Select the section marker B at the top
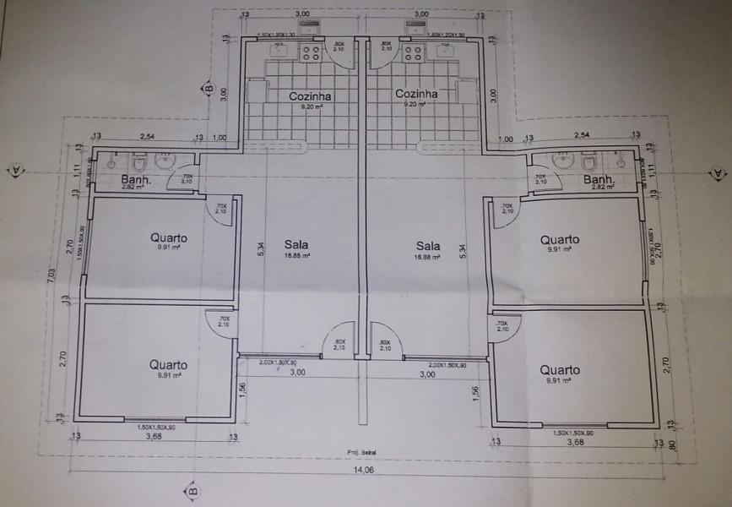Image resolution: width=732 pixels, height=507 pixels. tap(205, 87)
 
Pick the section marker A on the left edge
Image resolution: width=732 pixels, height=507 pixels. tap(15, 170)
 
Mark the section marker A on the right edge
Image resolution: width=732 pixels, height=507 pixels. tap(718, 172)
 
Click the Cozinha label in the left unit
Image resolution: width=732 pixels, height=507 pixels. tap(310, 96)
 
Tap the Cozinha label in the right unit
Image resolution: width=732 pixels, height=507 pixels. tap(416, 94)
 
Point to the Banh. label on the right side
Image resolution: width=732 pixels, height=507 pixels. tap(599, 180)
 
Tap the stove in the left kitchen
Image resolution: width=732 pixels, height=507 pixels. tap(310, 53)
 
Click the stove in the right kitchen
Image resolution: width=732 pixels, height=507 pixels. tap(414, 53)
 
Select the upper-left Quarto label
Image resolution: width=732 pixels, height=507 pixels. tap(169, 237)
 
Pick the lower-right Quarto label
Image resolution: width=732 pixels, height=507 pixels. tap(560, 369)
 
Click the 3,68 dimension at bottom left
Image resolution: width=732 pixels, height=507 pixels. tap(153, 438)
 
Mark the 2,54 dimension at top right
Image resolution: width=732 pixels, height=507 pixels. tap(582, 135)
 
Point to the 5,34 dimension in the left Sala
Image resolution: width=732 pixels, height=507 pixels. tap(261, 249)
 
